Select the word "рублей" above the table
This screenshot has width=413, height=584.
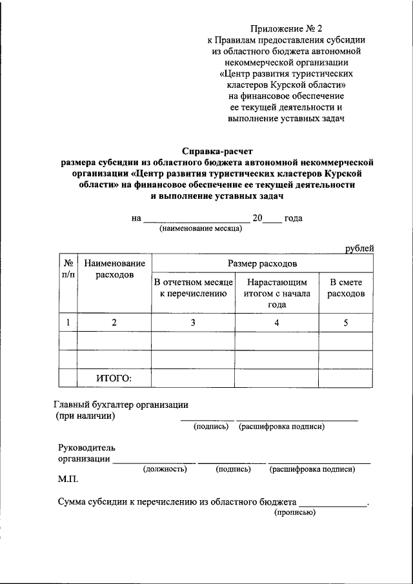(359, 248)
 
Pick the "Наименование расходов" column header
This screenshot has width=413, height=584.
(114, 269)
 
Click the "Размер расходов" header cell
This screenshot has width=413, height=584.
(262, 263)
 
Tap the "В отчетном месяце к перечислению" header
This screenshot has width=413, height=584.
(193, 288)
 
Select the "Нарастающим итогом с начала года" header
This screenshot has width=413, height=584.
(277, 294)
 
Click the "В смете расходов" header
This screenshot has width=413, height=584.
(345, 288)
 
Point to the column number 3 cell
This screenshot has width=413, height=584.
(193, 323)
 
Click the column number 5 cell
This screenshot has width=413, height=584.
(345, 323)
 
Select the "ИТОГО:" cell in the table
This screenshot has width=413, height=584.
(114, 378)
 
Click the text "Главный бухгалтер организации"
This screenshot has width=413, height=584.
(120, 405)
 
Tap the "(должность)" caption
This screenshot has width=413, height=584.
(165, 469)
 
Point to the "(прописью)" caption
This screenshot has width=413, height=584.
(294, 512)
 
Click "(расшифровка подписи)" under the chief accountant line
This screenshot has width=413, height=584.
(281, 427)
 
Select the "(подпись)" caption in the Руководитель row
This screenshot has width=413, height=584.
(233, 469)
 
